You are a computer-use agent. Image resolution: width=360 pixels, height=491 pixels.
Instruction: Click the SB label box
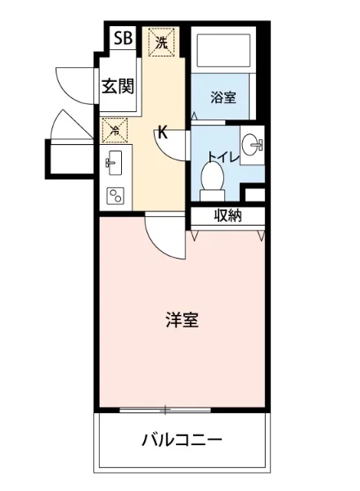click(123, 38)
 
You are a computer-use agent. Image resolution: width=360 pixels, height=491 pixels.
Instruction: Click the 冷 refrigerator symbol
click(114, 128)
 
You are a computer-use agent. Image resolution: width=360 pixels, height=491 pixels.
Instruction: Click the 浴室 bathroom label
click(223, 97)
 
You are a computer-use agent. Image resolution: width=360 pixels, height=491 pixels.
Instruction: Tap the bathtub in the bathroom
click(221, 52)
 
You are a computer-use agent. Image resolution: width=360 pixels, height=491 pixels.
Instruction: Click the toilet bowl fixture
click(212, 178)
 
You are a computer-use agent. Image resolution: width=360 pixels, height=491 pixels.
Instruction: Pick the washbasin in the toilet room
click(254, 146)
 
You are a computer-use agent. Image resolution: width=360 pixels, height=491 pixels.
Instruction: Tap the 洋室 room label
click(181, 319)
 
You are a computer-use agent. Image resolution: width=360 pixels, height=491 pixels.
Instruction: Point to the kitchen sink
click(113, 163)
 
